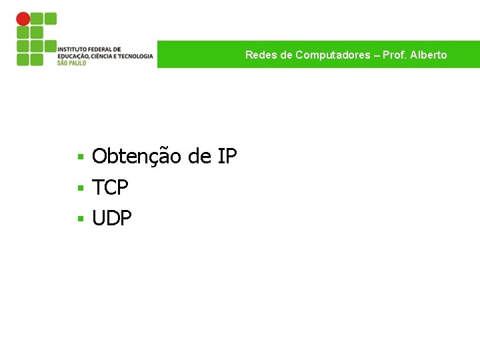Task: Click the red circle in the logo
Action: [23, 19]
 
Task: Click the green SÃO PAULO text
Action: [71, 63]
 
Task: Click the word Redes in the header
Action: [258, 55]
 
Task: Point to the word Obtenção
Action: [137, 157]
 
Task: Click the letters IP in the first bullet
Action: [227, 157]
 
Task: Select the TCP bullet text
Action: [110, 188]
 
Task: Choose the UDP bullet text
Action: [112, 218]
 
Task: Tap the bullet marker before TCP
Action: [79, 189]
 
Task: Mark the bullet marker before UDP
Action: [79, 219]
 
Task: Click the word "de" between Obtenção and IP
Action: [199, 157]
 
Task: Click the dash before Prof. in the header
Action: [377, 55]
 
